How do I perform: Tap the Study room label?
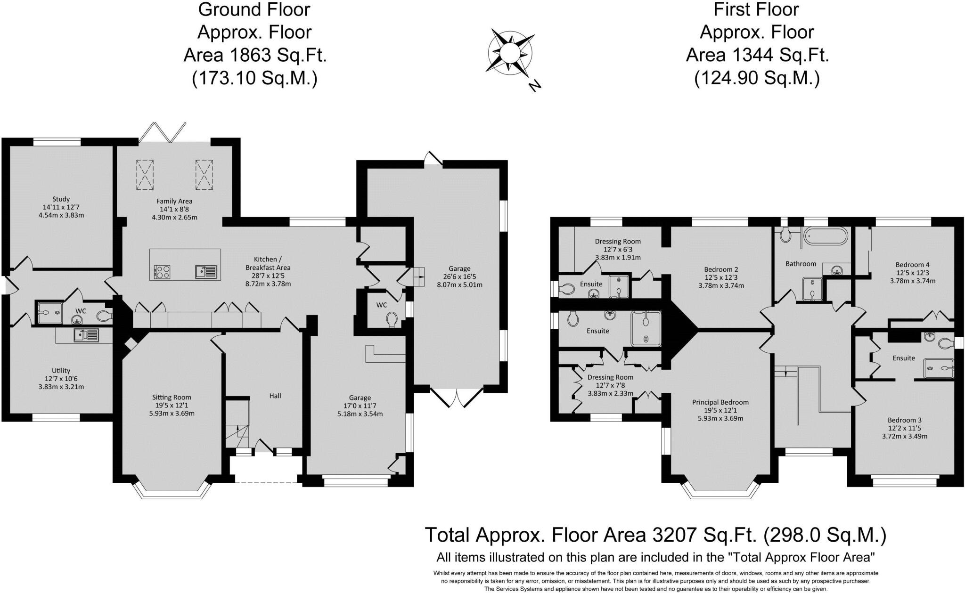click(61, 199)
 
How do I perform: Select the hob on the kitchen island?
click(162, 271)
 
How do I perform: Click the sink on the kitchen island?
click(206, 271)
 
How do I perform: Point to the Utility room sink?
click(86, 335)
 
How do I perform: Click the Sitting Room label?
click(172, 397)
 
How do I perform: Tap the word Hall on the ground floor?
click(275, 396)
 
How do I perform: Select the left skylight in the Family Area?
click(145, 174)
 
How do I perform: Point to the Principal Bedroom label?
click(720, 402)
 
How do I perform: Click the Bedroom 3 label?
click(905, 420)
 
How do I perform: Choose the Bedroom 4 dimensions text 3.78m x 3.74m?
click(913, 281)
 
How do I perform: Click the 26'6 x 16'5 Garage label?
click(459, 276)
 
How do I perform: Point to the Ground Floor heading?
click(254, 9)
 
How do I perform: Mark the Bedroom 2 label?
click(721, 269)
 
